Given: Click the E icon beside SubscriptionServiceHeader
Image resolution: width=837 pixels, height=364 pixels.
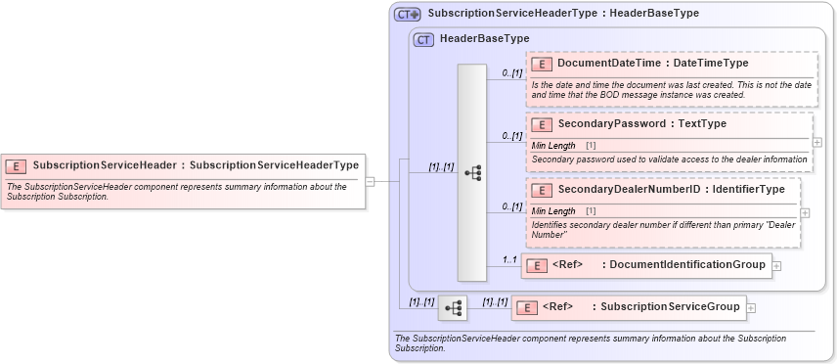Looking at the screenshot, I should tap(17, 165).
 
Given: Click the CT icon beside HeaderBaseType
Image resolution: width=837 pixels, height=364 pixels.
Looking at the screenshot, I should tap(423, 39).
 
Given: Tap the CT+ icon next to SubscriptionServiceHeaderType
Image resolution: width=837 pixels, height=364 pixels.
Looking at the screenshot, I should tap(407, 15).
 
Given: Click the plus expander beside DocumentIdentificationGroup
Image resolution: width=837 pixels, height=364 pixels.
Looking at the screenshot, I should tap(776, 265).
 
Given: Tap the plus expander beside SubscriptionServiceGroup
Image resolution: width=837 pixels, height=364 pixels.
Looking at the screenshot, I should tap(751, 307).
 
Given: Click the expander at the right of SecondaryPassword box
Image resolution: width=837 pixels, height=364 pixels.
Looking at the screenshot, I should tap(817, 142).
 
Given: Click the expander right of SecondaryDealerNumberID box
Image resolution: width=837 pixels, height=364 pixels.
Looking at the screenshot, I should tap(805, 212).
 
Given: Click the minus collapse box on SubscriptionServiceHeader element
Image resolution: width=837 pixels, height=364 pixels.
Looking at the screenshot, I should tap(371, 181).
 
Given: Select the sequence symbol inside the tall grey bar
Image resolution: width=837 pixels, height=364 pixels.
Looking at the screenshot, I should tap(473, 173).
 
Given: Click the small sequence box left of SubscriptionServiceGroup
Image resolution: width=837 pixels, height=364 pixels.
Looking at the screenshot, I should tap(453, 307).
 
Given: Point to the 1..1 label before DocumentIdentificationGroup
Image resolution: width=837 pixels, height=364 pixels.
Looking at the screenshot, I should tap(508, 260).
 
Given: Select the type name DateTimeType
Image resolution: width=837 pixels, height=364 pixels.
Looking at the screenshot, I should tap(711, 64).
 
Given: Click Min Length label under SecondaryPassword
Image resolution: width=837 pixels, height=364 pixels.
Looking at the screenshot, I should tap(553, 145).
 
